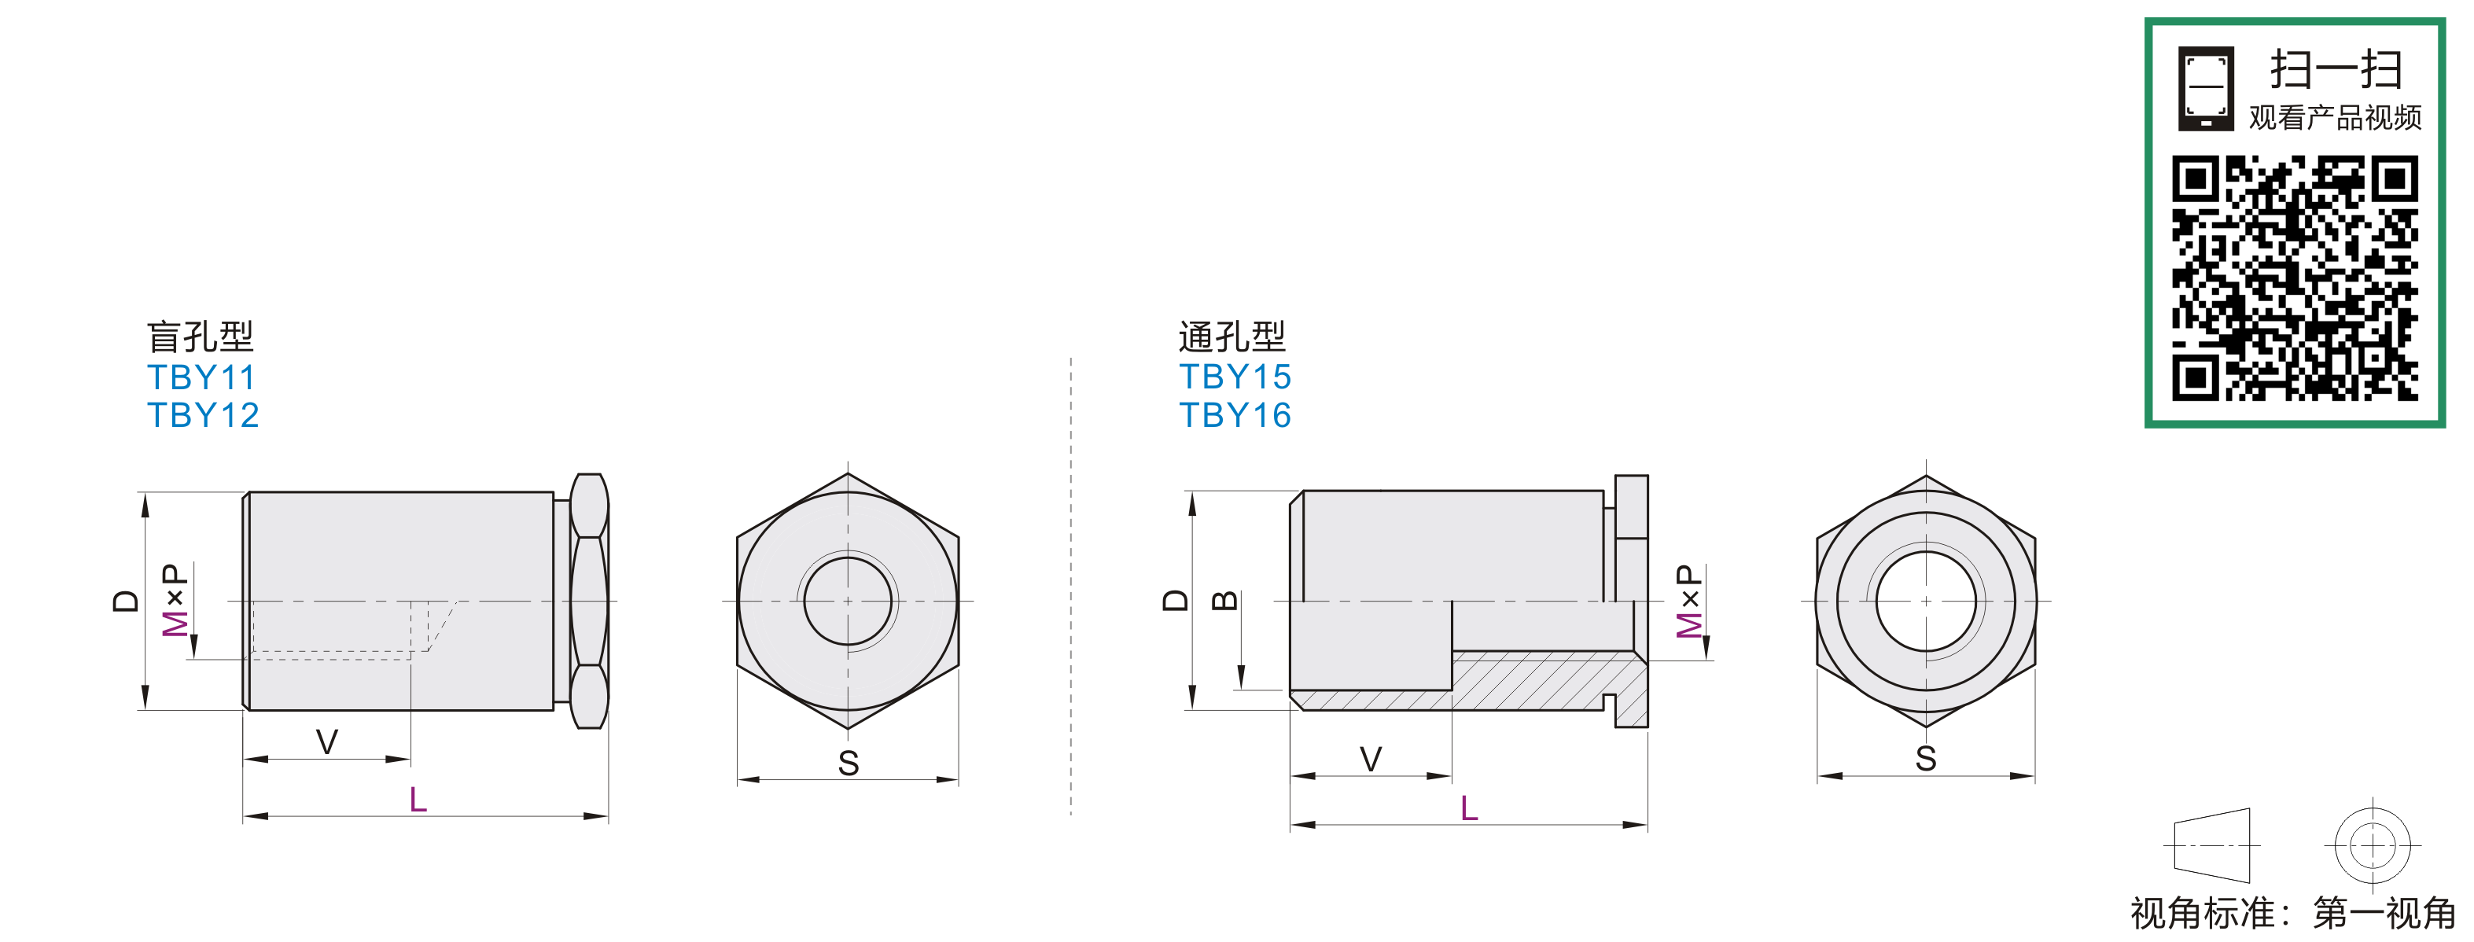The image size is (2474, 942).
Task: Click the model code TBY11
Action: [201, 377]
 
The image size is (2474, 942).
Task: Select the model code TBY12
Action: [203, 415]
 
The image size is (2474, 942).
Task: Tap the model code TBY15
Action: [1235, 377]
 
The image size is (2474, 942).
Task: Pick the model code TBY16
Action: [1235, 415]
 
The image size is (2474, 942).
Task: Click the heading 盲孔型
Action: [200, 336]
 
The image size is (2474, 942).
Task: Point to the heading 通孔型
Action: [1232, 336]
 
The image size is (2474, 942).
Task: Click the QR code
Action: [2295, 278]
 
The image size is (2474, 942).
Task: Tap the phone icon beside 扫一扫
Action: [2206, 88]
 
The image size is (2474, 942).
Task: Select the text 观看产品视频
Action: [2335, 117]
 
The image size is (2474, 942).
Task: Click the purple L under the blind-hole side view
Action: [418, 799]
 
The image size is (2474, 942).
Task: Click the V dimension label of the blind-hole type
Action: [326, 741]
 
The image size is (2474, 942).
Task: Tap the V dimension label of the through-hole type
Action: [1371, 759]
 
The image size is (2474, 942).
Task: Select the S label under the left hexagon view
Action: [848, 764]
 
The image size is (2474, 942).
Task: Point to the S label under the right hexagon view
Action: [1926, 759]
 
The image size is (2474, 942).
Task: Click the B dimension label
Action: [1224, 601]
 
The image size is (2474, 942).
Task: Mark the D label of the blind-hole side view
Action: [126, 601]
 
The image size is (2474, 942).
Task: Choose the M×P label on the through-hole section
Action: [1688, 601]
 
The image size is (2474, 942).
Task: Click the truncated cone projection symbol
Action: [2212, 845]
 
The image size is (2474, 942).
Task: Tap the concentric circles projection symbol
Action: [2373, 846]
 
